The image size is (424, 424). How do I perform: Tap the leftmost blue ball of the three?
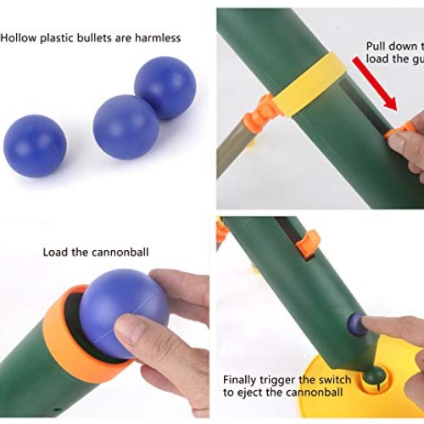pyautogui.click(x=35, y=145)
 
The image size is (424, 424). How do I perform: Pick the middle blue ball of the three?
pyautogui.click(x=126, y=127)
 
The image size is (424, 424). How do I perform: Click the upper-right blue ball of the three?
pyautogui.click(x=165, y=87)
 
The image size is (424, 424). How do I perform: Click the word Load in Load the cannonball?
pyautogui.click(x=55, y=252)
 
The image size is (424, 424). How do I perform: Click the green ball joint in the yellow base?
pyautogui.click(x=374, y=374)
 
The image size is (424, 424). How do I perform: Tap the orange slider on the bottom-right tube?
pyautogui.click(x=308, y=244)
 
